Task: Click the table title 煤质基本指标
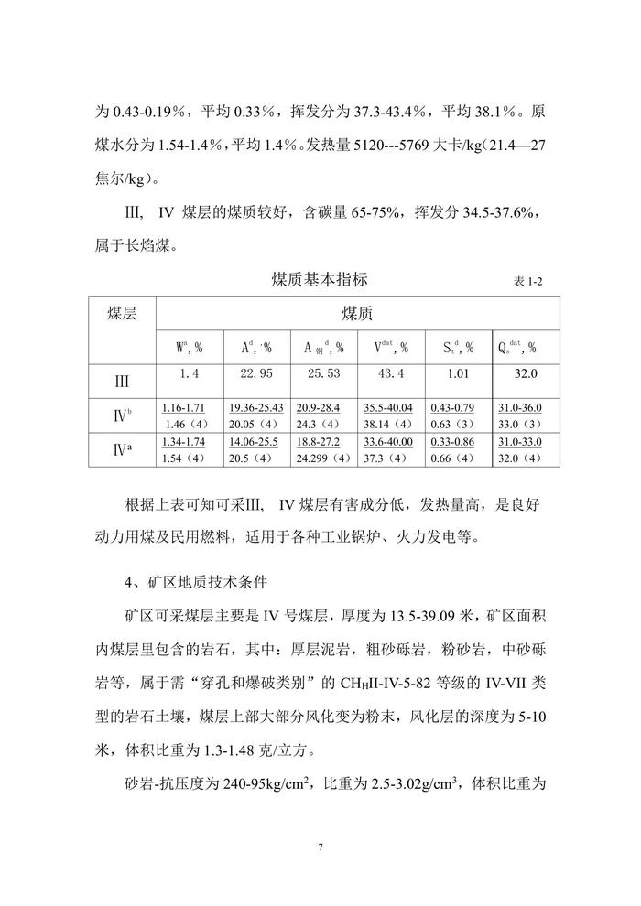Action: tap(320, 278)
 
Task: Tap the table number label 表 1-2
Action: tap(527, 281)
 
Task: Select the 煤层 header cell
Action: tap(122, 313)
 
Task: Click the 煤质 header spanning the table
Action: tap(357, 313)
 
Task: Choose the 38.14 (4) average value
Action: tap(390, 424)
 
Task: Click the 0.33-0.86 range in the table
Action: tap(458, 442)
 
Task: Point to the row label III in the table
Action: tap(122, 379)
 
